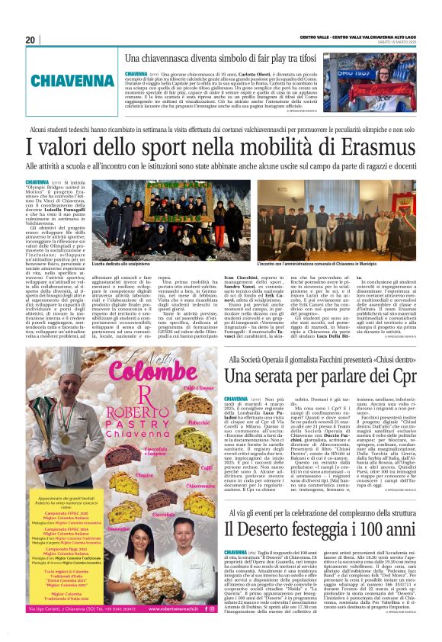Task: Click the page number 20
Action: tap(30, 40)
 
